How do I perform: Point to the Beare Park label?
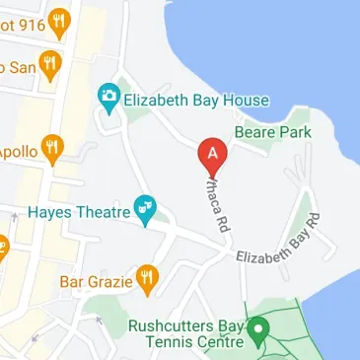click(272, 132)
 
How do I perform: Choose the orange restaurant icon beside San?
click(51, 66)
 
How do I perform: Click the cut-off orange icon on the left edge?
click(3, 244)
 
